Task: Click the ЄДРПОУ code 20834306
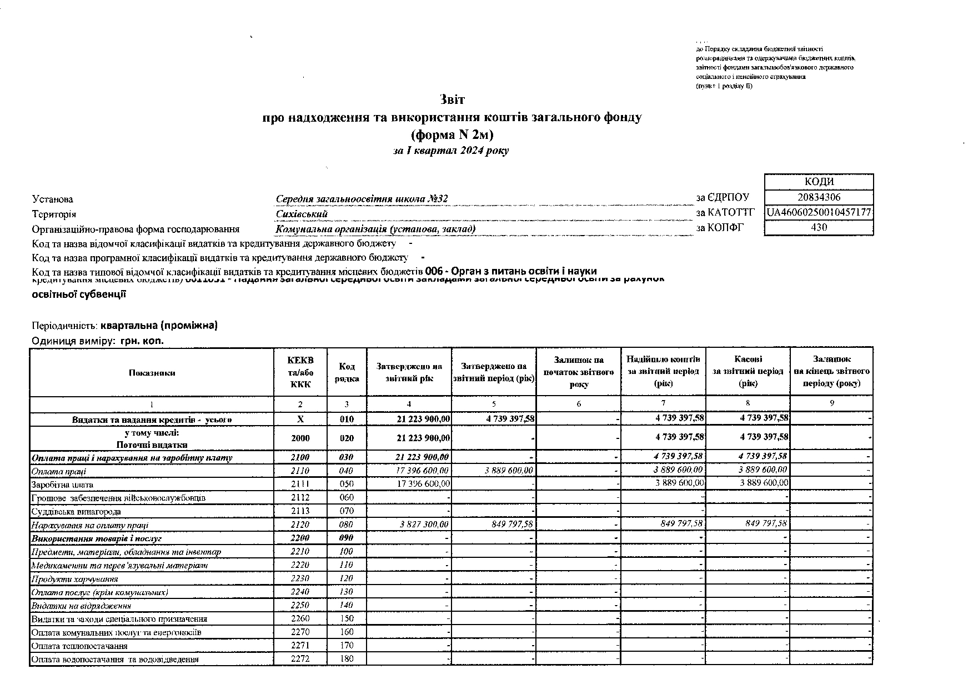pos(819,197)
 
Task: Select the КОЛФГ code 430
pos(819,227)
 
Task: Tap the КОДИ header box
pos(819,182)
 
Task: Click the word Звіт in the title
pos(452,100)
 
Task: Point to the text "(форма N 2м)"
pos(452,134)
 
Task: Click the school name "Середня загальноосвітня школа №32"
pos(362,199)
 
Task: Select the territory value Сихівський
pos(302,214)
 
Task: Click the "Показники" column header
pos(152,372)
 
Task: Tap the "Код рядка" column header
pos(347,372)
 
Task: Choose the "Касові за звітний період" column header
pos(748,371)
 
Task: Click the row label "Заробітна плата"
pos(59,485)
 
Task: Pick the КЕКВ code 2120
pos(300,525)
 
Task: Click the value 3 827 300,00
pos(424,525)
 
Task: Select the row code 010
pos(347,419)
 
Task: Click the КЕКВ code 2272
pos(300,659)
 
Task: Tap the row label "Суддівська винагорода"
pos(76,511)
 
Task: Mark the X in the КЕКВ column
pos(300,419)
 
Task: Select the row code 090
pos(347,538)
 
